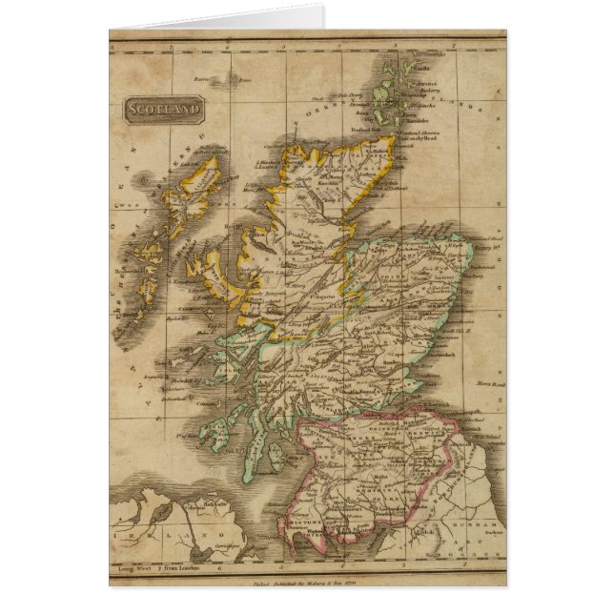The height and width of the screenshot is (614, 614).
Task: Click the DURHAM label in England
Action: (486, 526)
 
